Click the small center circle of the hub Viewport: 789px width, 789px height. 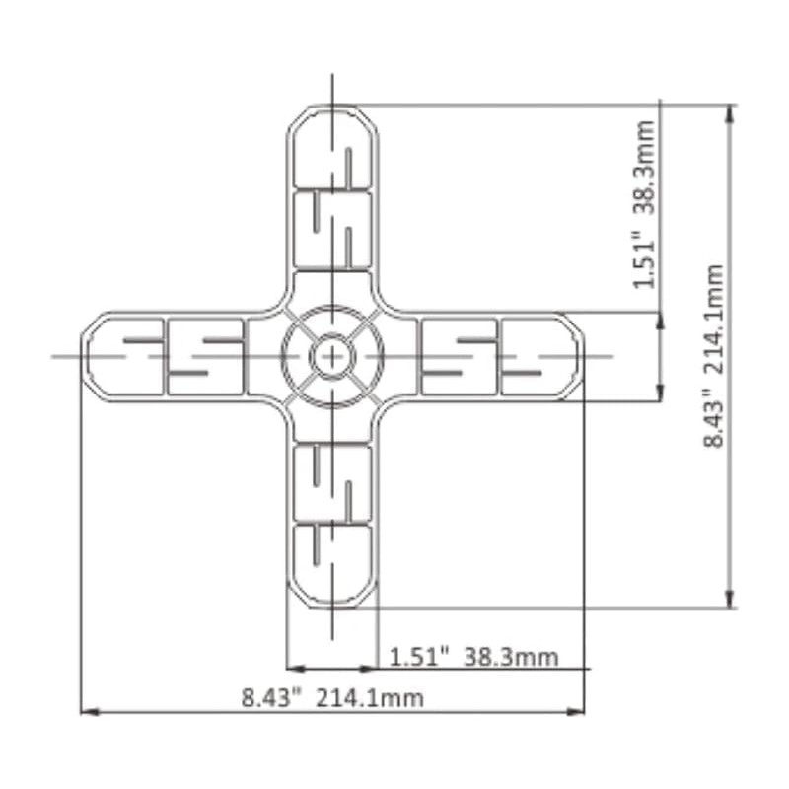(x=332, y=355)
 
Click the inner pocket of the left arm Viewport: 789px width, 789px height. (x=205, y=355)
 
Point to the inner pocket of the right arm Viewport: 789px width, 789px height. (x=460, y=355)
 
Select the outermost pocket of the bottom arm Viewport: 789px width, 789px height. (x=332, y=562)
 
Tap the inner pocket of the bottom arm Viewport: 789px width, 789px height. (x=332, y=482)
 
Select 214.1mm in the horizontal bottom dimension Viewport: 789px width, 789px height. (x=370, y=698)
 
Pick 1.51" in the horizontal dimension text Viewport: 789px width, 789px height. (x=419, y=656)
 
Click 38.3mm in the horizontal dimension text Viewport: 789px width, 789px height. (x=511, y=656)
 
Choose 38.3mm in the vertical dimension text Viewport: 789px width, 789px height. (x=645, y=167)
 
